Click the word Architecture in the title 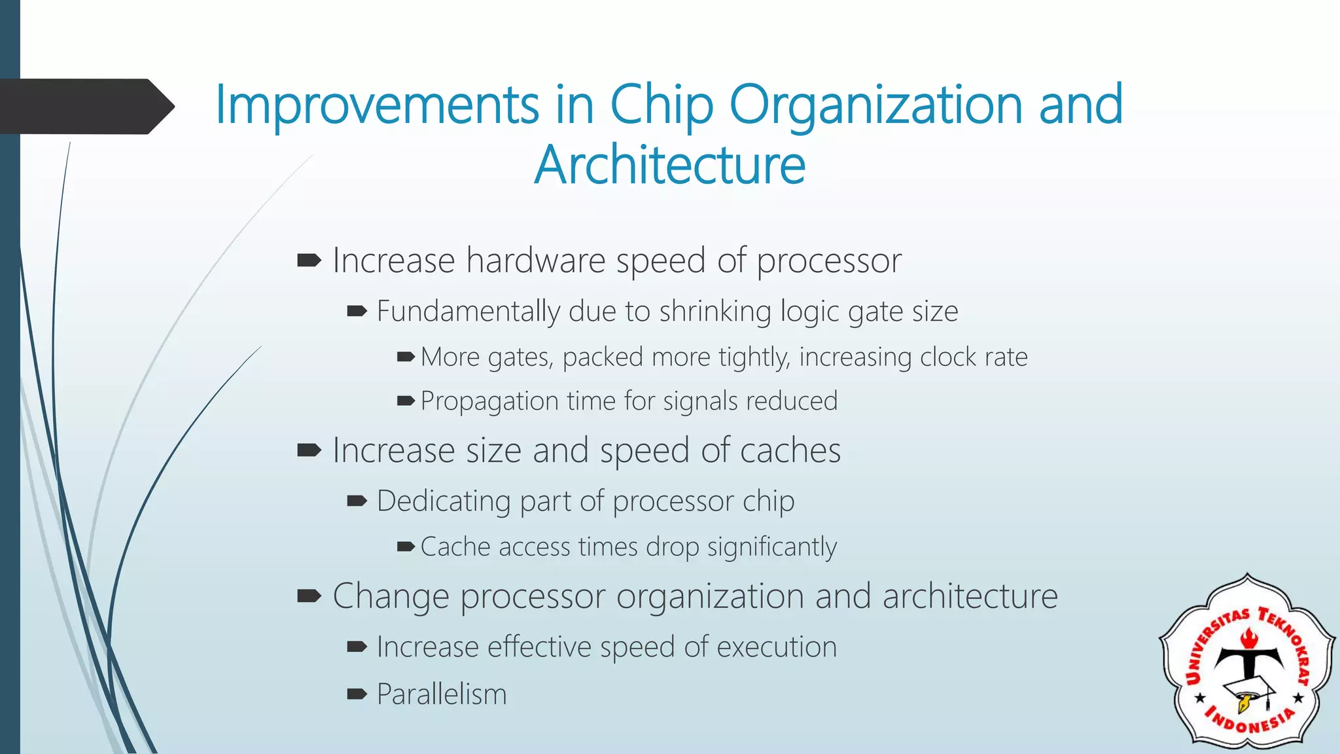[x=669, y=165]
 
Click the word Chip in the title [x=661, y=105]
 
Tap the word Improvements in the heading [x=377, y=105]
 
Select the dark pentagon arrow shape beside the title [x=85, y=107]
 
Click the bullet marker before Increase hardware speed [x=308, y=261]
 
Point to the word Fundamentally [x=468, y=312]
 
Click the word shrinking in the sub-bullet [x=715, y=312]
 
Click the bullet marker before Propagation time [x=406, y=401]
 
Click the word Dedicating [x=443, y=501]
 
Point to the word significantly [x=771, y=547]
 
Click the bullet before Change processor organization [x=308, y=596]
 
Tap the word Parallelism [x=442, y=694]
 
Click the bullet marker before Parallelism [x=357, y=694]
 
